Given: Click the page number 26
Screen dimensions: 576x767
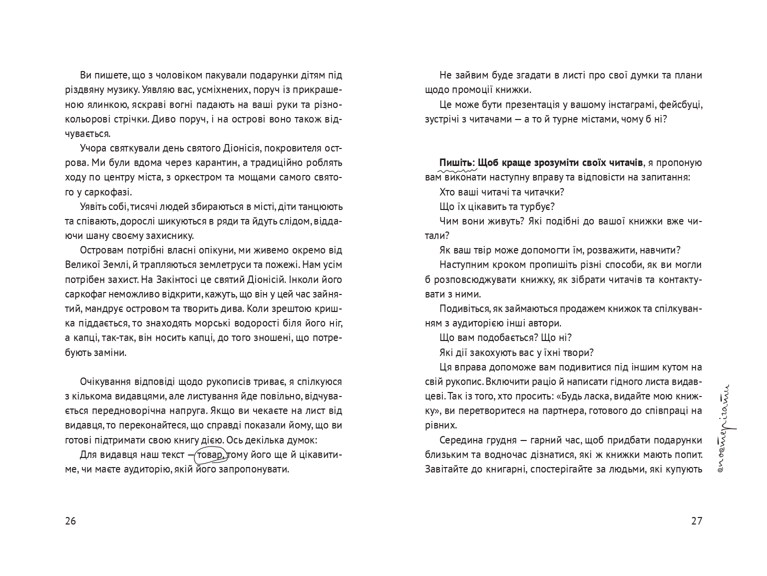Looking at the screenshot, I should coord(70,521).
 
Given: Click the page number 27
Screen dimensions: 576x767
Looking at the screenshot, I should coord(697,521).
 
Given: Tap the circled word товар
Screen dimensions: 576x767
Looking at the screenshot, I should coord(211,455).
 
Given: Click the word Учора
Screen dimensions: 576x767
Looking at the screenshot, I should coord(93,148).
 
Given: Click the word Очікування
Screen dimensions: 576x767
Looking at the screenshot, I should coord(105,382).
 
